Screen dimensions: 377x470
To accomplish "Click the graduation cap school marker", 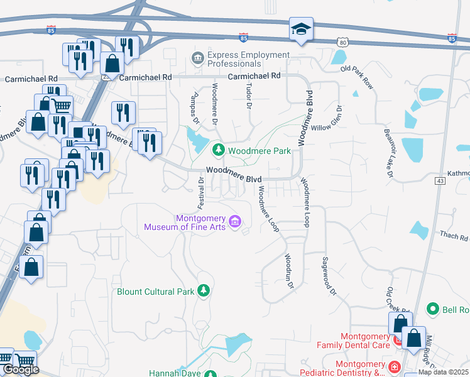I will tap(301, 29).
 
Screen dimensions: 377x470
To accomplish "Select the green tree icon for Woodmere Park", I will tap(219, 150).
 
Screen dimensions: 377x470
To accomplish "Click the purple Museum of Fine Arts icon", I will tap(235, 221).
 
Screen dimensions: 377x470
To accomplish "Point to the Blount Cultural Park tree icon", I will tap(203, 290).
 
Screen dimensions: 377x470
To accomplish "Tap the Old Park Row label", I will tap(357, 77).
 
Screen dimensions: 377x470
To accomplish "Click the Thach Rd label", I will tap(456, 238).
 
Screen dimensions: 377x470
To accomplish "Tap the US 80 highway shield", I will tap(341, 42).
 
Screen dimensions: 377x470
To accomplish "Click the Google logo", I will tap(20, 370).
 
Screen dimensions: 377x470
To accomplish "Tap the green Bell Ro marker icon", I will tap(432, 309).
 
